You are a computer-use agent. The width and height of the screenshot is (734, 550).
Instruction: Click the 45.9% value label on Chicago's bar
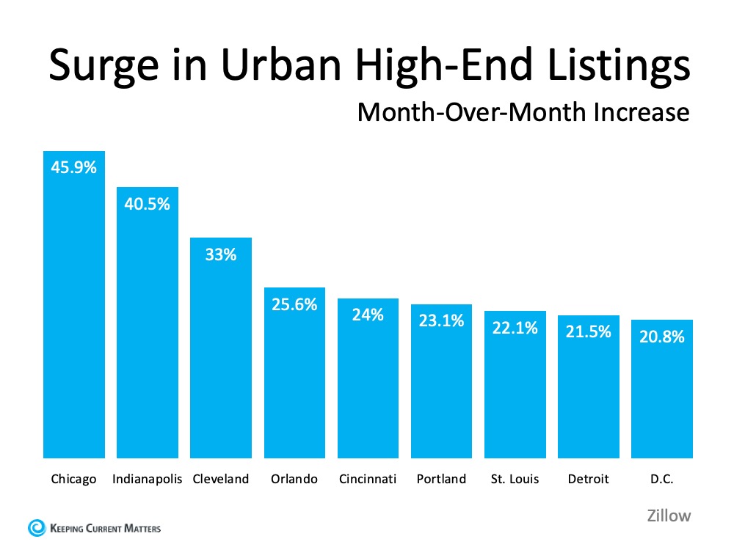73,167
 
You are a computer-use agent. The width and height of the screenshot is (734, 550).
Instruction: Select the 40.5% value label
147,203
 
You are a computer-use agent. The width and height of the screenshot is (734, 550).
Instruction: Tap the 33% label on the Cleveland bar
220,254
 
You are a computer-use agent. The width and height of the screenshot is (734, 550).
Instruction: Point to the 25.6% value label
294,304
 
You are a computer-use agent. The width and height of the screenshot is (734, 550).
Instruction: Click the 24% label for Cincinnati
367,315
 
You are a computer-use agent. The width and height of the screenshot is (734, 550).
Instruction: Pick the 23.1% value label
440,320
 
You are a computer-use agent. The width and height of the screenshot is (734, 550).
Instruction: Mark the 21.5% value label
588,331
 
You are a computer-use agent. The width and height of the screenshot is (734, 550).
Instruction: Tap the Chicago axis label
73,479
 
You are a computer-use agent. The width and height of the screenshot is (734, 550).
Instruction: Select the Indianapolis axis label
147,479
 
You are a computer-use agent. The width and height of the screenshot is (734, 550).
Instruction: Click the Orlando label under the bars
294,479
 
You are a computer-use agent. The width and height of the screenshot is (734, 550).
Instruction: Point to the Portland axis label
440,479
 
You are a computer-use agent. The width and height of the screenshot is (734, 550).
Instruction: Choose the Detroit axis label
588,479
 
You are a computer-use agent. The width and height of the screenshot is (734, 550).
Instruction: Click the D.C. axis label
661,479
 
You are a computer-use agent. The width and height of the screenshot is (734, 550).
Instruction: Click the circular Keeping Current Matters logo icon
35,527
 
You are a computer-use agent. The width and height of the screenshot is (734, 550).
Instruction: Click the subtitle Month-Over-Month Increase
523,112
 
